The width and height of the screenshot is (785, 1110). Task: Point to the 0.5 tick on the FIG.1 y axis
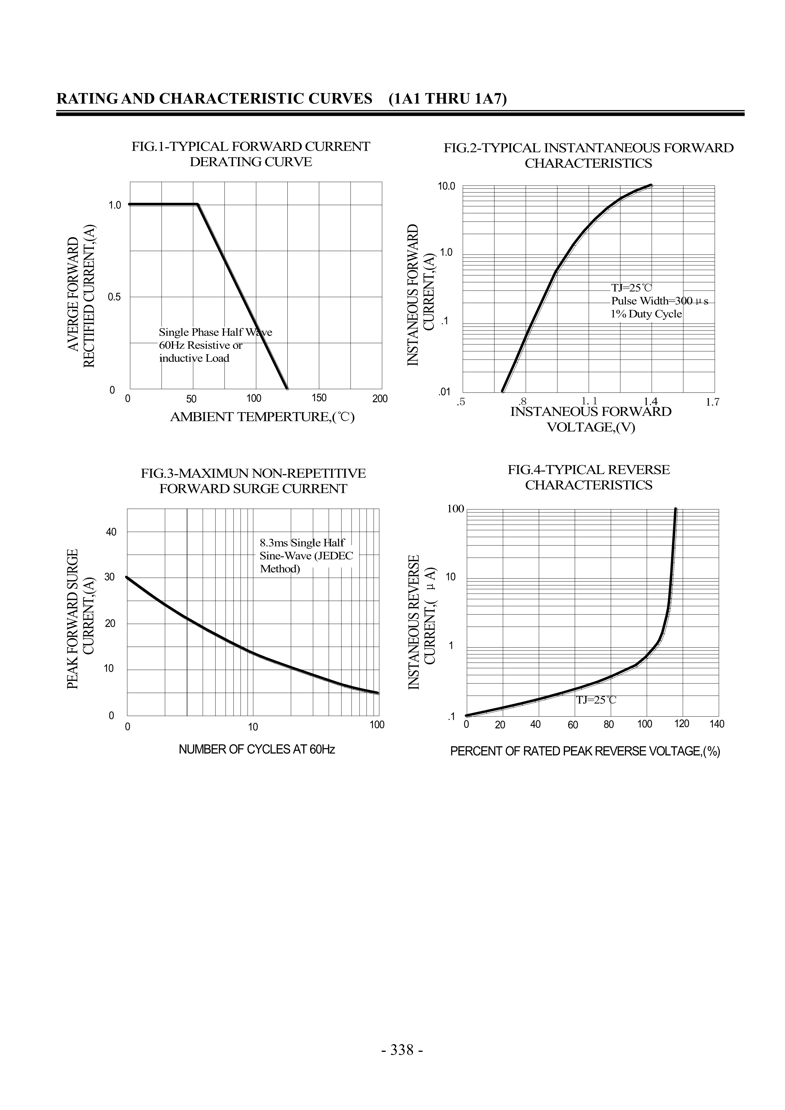[x=115, y=297]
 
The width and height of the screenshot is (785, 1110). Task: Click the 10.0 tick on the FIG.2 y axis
[x=447, y=186]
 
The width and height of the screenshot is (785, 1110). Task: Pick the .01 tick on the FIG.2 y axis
[x=444, y=392]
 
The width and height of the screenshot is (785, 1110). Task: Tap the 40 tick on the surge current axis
[x=111, y=532]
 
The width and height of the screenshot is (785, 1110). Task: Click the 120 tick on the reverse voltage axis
[x=681, y=724]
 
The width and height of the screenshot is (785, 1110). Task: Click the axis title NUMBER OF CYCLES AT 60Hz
[x=257, y=749]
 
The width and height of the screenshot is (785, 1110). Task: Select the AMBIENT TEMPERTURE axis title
[x=262, y=417]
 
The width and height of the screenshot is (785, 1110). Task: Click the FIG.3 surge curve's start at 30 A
[x=127, y=577]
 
